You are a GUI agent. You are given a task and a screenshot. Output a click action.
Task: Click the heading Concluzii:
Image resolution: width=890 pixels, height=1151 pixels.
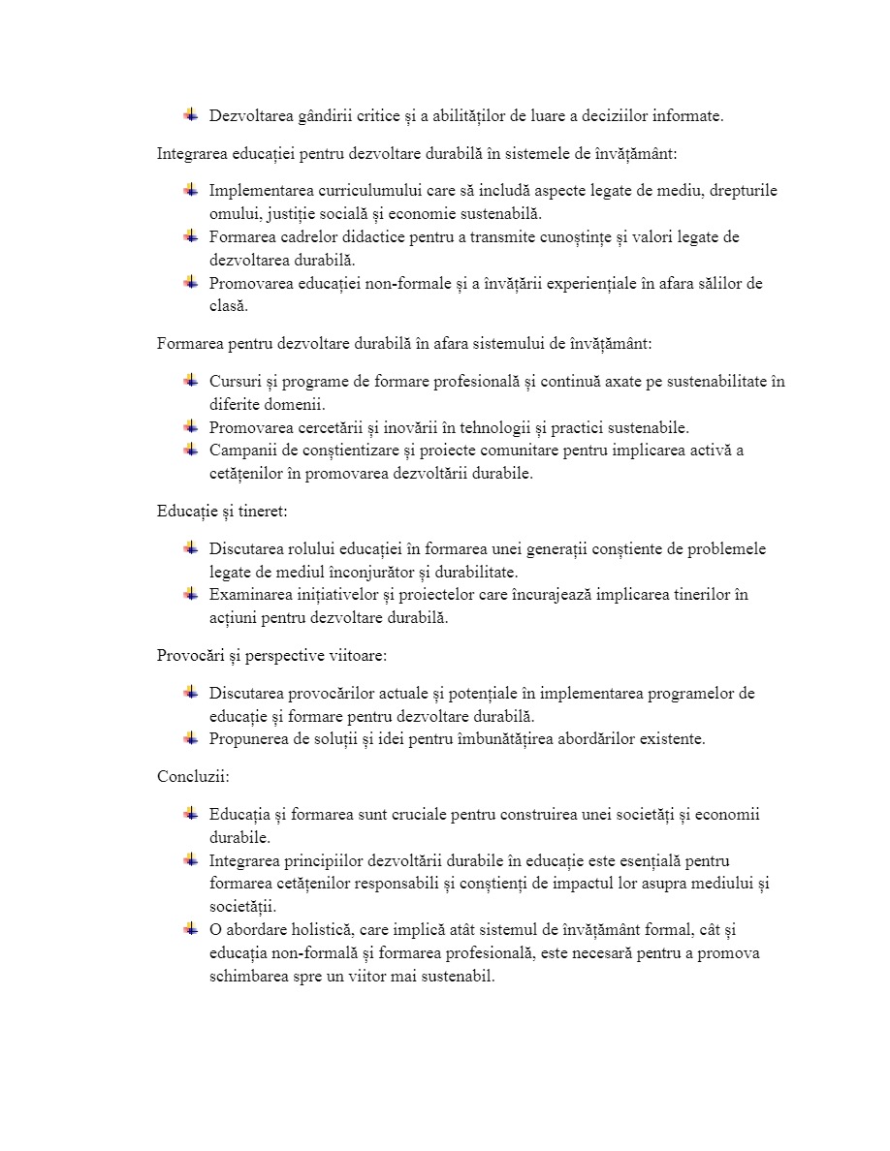pyautogui.click(x=193, y=776)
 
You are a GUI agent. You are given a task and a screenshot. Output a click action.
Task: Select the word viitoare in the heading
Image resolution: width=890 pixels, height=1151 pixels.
pyautogui.click(x=357, y=656)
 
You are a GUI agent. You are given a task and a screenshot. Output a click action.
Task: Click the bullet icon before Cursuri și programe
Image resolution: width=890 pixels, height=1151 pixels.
pyautogui.click(x=191, y=381)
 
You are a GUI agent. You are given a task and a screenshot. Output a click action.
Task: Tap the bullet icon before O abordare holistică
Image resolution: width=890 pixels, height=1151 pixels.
pyautogui.click(x=191, y=929)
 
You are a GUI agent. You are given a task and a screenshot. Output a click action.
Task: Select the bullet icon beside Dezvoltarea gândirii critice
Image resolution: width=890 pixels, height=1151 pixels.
pyautogui.click(x=191, y=115)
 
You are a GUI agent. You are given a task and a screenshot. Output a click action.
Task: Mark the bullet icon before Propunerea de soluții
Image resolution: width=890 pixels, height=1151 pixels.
pyautogui.click(x=191, y=738)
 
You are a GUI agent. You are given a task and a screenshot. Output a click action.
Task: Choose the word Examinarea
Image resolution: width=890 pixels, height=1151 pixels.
pyautogui.click(x=249, y=595)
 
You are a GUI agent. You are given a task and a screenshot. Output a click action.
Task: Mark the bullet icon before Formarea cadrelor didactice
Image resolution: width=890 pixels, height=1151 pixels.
pyautogui.click(x=191, y=236)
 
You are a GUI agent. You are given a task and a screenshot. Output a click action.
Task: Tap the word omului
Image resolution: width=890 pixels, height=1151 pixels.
pyautogui.click(x=230, y=214)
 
